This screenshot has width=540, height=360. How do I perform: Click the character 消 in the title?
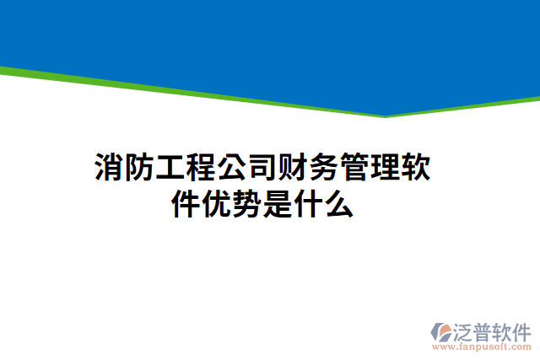tap(109, 169)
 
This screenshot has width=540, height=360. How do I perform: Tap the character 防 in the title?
tap(139, 169)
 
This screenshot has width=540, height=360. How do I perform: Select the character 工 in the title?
tap(170, 169)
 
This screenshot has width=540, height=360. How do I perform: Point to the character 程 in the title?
tap(201, 169)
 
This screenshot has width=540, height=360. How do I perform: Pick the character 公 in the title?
tap(232, 169)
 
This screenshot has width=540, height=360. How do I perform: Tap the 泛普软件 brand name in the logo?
tap(494, 330)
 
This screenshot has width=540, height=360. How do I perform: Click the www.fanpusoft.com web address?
tap(482, 347)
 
